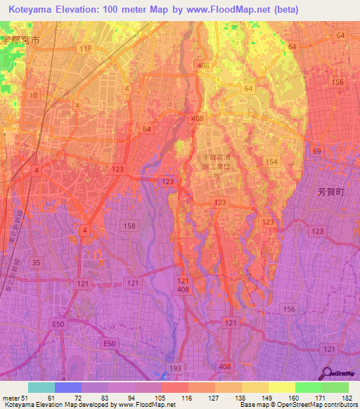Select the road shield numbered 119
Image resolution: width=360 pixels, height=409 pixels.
[x=86, y=48]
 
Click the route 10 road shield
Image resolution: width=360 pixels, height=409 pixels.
[x=33, y=94]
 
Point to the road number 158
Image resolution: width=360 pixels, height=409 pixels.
[x=129, y=226]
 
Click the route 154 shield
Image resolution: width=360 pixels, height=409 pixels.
[x=273, y=162]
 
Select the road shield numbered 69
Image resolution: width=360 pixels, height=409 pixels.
[x=317, y=152]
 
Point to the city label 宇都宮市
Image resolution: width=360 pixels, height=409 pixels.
[x=20, y=41]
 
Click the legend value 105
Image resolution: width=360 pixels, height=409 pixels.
[x=148, y=398]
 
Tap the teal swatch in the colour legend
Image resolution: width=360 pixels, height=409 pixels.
[x=41, y=387]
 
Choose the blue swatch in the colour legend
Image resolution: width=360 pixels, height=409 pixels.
[x=67, y=387]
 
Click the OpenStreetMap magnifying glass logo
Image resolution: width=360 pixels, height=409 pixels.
[x=328, y=373]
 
